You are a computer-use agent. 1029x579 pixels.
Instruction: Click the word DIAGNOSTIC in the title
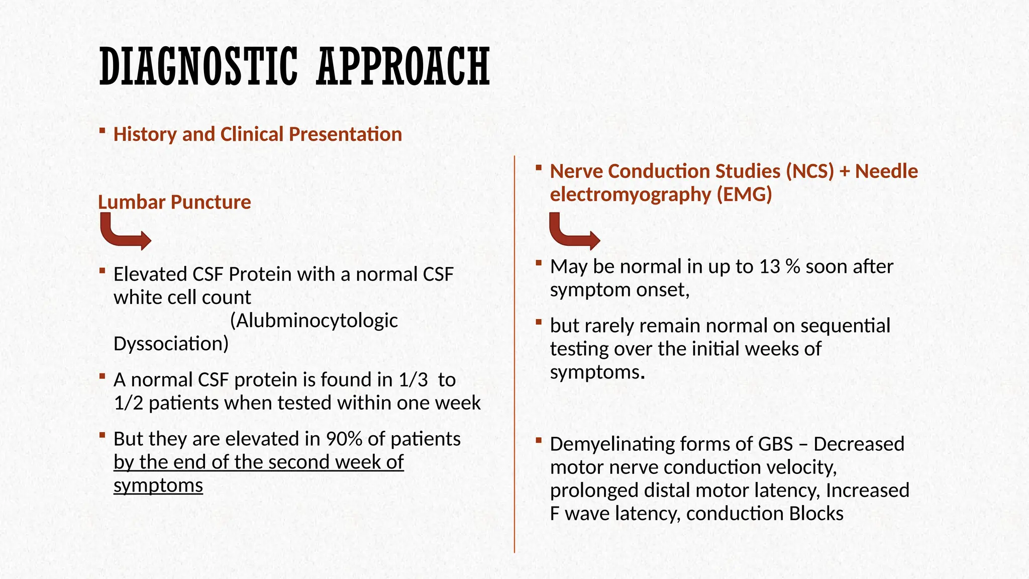pos(198,66)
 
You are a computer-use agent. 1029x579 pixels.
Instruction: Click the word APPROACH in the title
pos(403,66)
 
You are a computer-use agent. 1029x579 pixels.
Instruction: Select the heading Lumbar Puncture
pos(174,202)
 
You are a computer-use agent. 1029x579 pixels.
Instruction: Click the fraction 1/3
pos(413,380)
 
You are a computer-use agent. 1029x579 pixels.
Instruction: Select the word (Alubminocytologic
pos(314,321)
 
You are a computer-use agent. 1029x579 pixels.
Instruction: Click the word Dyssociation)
pos(171,344)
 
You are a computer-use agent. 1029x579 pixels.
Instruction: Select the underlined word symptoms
pos(158,486)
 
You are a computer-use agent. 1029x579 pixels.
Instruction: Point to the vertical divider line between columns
pos(514,352)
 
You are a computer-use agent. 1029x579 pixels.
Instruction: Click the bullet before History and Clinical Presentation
pos(102,131)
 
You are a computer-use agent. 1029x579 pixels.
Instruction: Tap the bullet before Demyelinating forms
pos(539,441)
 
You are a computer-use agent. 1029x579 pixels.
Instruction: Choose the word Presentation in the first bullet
pos(345,135)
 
